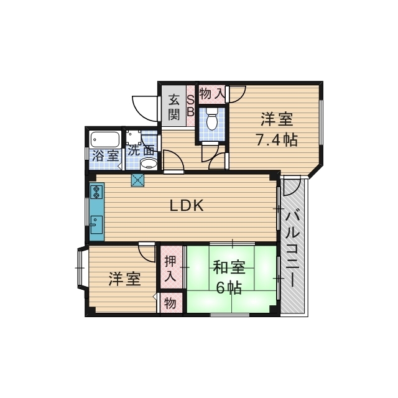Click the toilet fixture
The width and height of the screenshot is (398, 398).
211,119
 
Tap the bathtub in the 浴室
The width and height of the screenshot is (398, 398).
105,139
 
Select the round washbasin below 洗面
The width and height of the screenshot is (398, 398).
149,164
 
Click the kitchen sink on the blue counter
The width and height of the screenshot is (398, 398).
96,225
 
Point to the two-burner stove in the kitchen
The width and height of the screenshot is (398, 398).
96,192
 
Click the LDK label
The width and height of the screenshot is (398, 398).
187,206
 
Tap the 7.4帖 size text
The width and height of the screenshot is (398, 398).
277,139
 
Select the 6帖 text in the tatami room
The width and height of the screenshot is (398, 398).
229,287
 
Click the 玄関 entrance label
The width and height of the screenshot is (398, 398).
174,107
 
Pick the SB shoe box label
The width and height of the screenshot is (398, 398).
190,106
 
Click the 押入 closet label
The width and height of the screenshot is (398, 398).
170,268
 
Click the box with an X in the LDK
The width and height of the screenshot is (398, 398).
137,180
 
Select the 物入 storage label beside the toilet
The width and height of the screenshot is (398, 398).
212,94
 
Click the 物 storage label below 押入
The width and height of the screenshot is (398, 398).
170,303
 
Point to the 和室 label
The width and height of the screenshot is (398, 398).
229,267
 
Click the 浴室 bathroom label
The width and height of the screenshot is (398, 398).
105,155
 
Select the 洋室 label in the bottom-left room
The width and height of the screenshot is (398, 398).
124,279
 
